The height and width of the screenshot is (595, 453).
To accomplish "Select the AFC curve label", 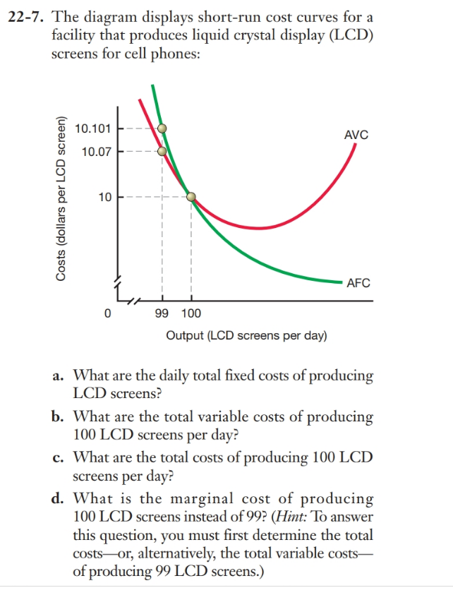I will click(x=358, y=283).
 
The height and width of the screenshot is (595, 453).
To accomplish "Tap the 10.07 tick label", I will click(x=95, y=151).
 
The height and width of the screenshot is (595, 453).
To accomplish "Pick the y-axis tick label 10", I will click(x=104, y=197).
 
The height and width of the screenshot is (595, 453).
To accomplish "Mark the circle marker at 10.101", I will click(x=162, y=128).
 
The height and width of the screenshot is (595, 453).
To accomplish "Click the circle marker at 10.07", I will click(x=162, y=151).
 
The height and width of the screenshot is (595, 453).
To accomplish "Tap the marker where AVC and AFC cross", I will click(x=191, y=197).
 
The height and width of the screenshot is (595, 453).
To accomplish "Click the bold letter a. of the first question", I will click(x=59, y=375).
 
